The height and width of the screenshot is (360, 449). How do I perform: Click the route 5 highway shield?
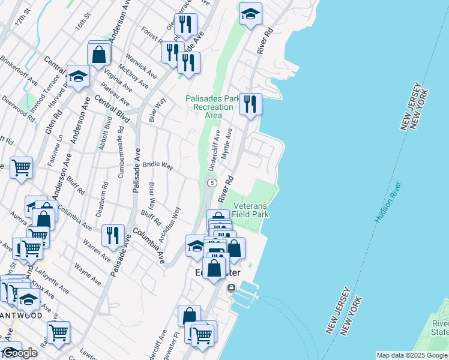(211, 182)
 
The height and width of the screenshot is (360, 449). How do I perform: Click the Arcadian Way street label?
(173, 223)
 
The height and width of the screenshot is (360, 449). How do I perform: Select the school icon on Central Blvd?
(77, 76)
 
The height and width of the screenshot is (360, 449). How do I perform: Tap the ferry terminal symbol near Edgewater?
(231, 288)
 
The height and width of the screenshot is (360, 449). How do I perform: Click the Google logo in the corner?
(19, 353)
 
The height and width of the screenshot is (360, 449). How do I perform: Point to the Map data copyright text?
(412, 355)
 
